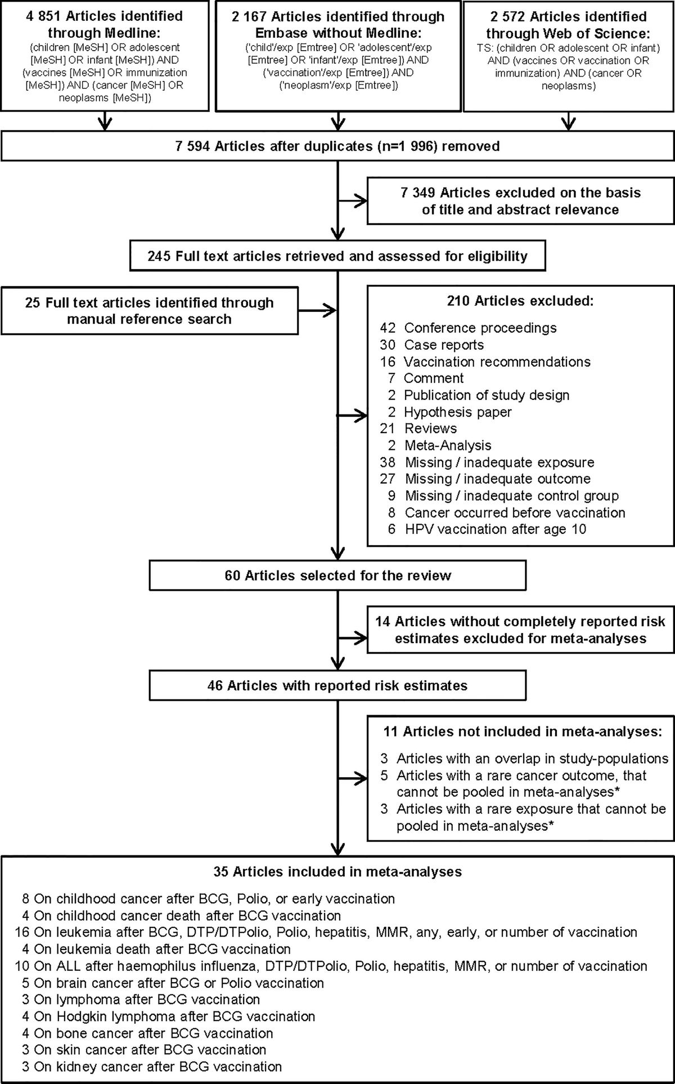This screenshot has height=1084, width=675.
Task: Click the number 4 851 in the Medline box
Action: [46, 16]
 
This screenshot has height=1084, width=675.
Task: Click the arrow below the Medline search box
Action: [105, 122]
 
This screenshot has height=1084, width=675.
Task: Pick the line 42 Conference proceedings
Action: [468, 328]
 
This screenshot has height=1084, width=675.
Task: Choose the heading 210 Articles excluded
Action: [520, 301]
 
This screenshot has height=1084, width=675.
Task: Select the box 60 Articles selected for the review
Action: [337, 576]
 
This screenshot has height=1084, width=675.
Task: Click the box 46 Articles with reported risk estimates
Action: [337, 685]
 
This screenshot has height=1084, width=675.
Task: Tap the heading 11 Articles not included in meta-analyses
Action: [520, 731]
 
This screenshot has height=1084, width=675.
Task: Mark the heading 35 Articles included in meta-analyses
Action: [337, 872]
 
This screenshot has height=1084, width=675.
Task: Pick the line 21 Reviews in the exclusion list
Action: [418, 428]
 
